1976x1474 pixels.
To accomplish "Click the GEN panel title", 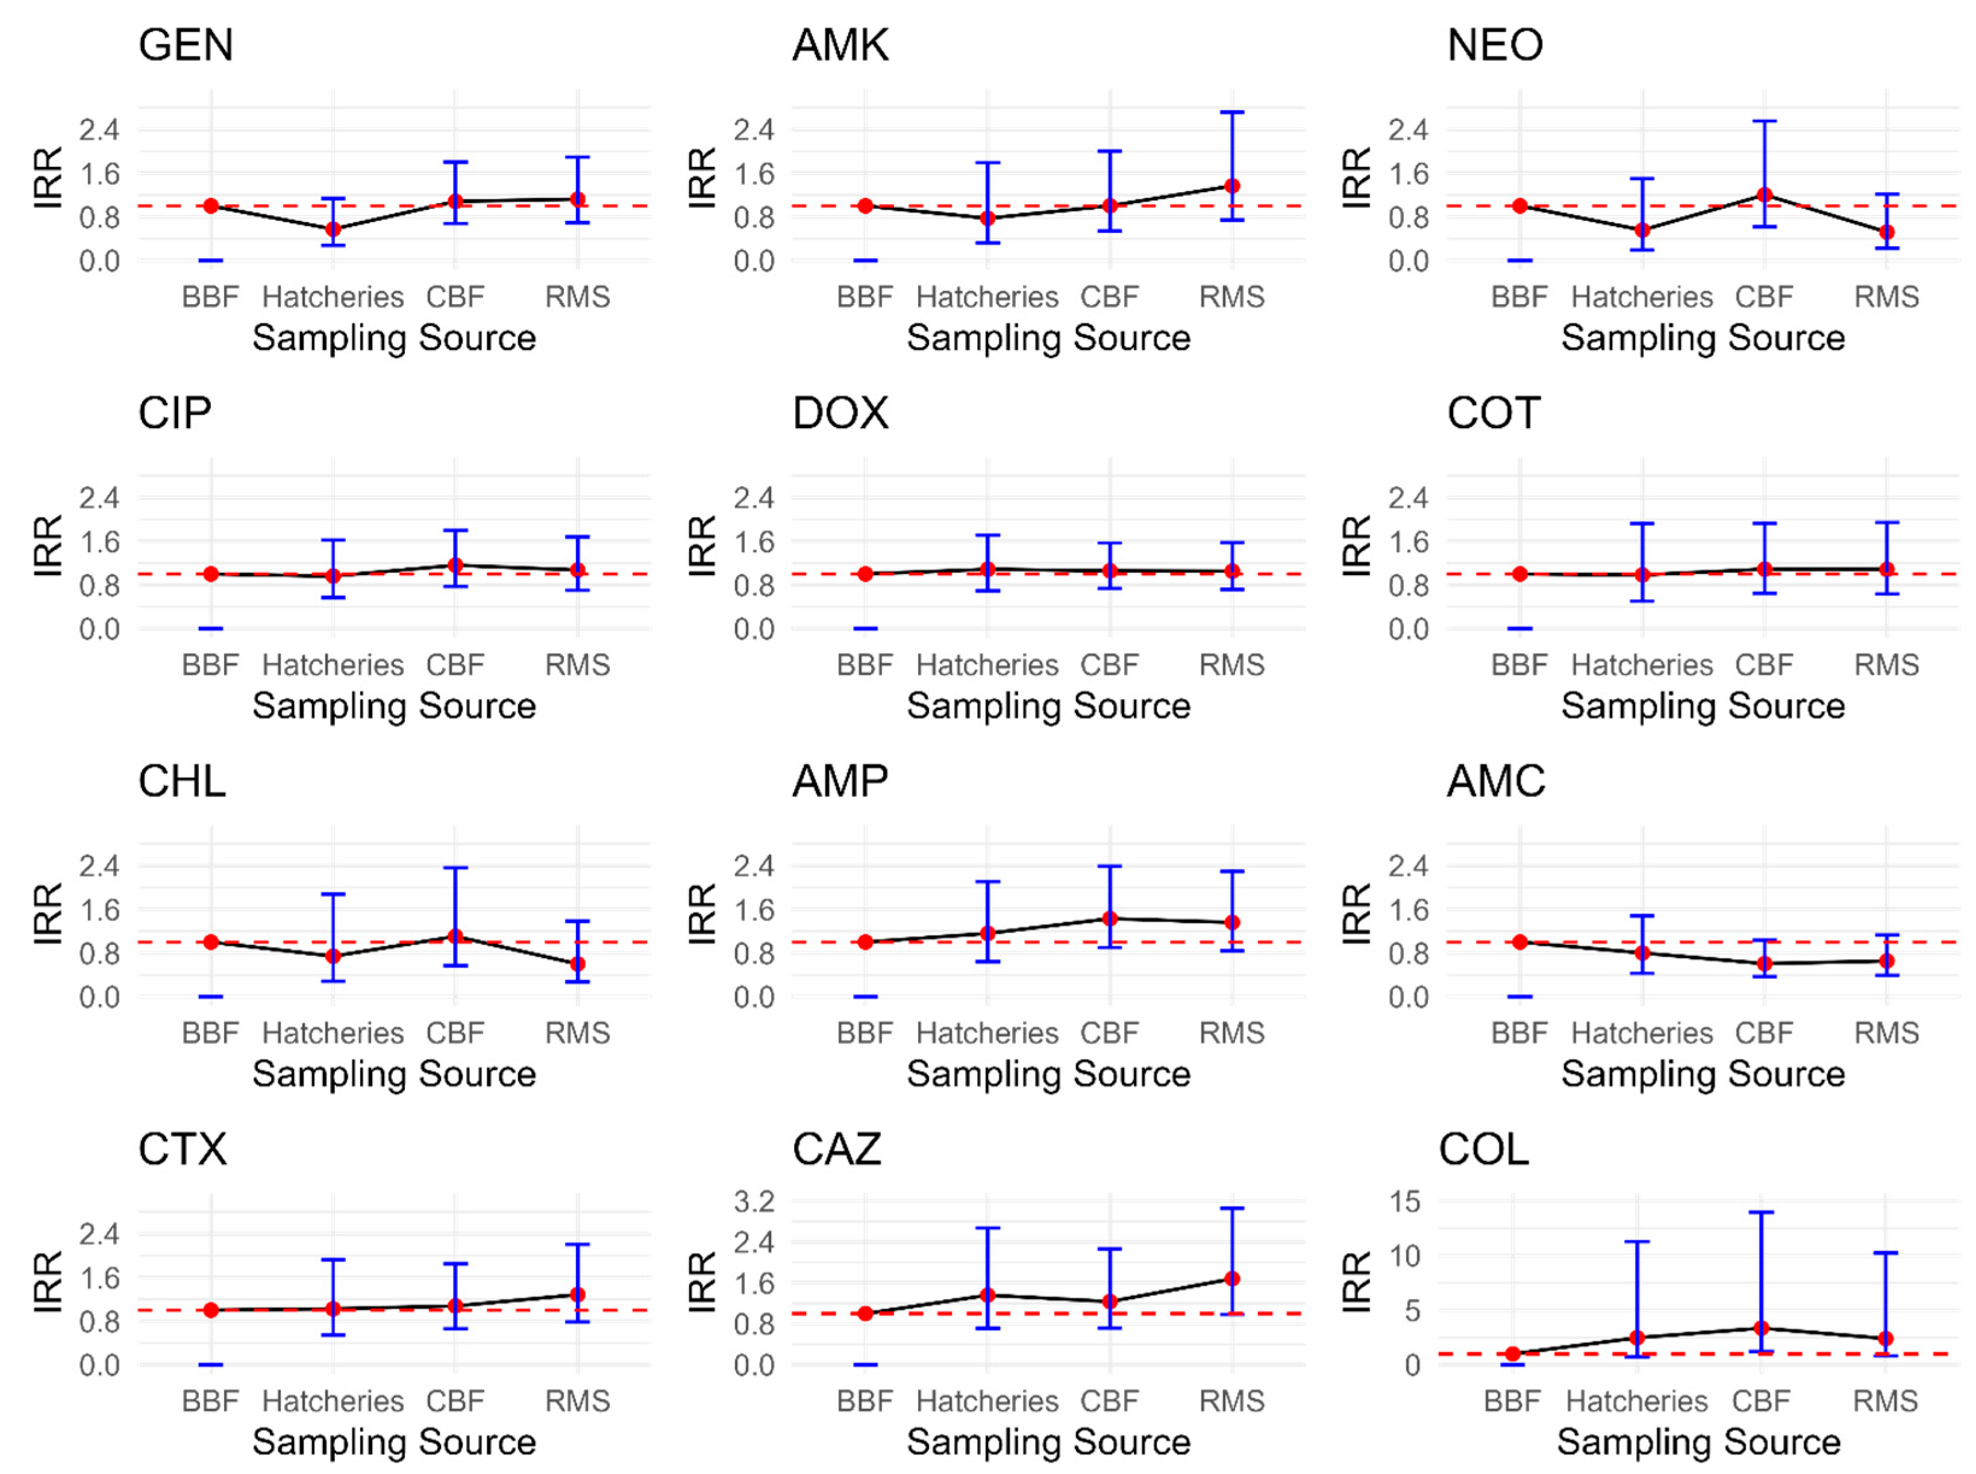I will tap(186, 45).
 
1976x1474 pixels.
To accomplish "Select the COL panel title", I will tap(1483, 1149).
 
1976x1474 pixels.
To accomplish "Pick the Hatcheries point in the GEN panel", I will tap(333, 229).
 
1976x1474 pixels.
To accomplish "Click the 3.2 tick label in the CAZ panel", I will tap(754, 1201).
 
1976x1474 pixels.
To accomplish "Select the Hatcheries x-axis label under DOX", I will tap(987, 665).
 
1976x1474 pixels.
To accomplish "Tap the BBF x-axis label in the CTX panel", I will tap(211, 1401).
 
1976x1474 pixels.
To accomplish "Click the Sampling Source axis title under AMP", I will tap(1049, 1074).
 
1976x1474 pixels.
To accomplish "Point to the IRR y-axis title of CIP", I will tap(48, 546).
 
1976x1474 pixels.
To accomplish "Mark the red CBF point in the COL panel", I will tap(1761, 1328).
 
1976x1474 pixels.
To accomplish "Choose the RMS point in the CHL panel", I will tap(578, 963).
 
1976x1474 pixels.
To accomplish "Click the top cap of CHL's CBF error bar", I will tap(455, 867).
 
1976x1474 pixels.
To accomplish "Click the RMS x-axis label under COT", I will tap(1886, 665).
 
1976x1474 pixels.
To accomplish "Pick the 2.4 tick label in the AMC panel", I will tap(1407, 865).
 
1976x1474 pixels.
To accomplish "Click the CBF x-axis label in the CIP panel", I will tap(455, 665).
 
